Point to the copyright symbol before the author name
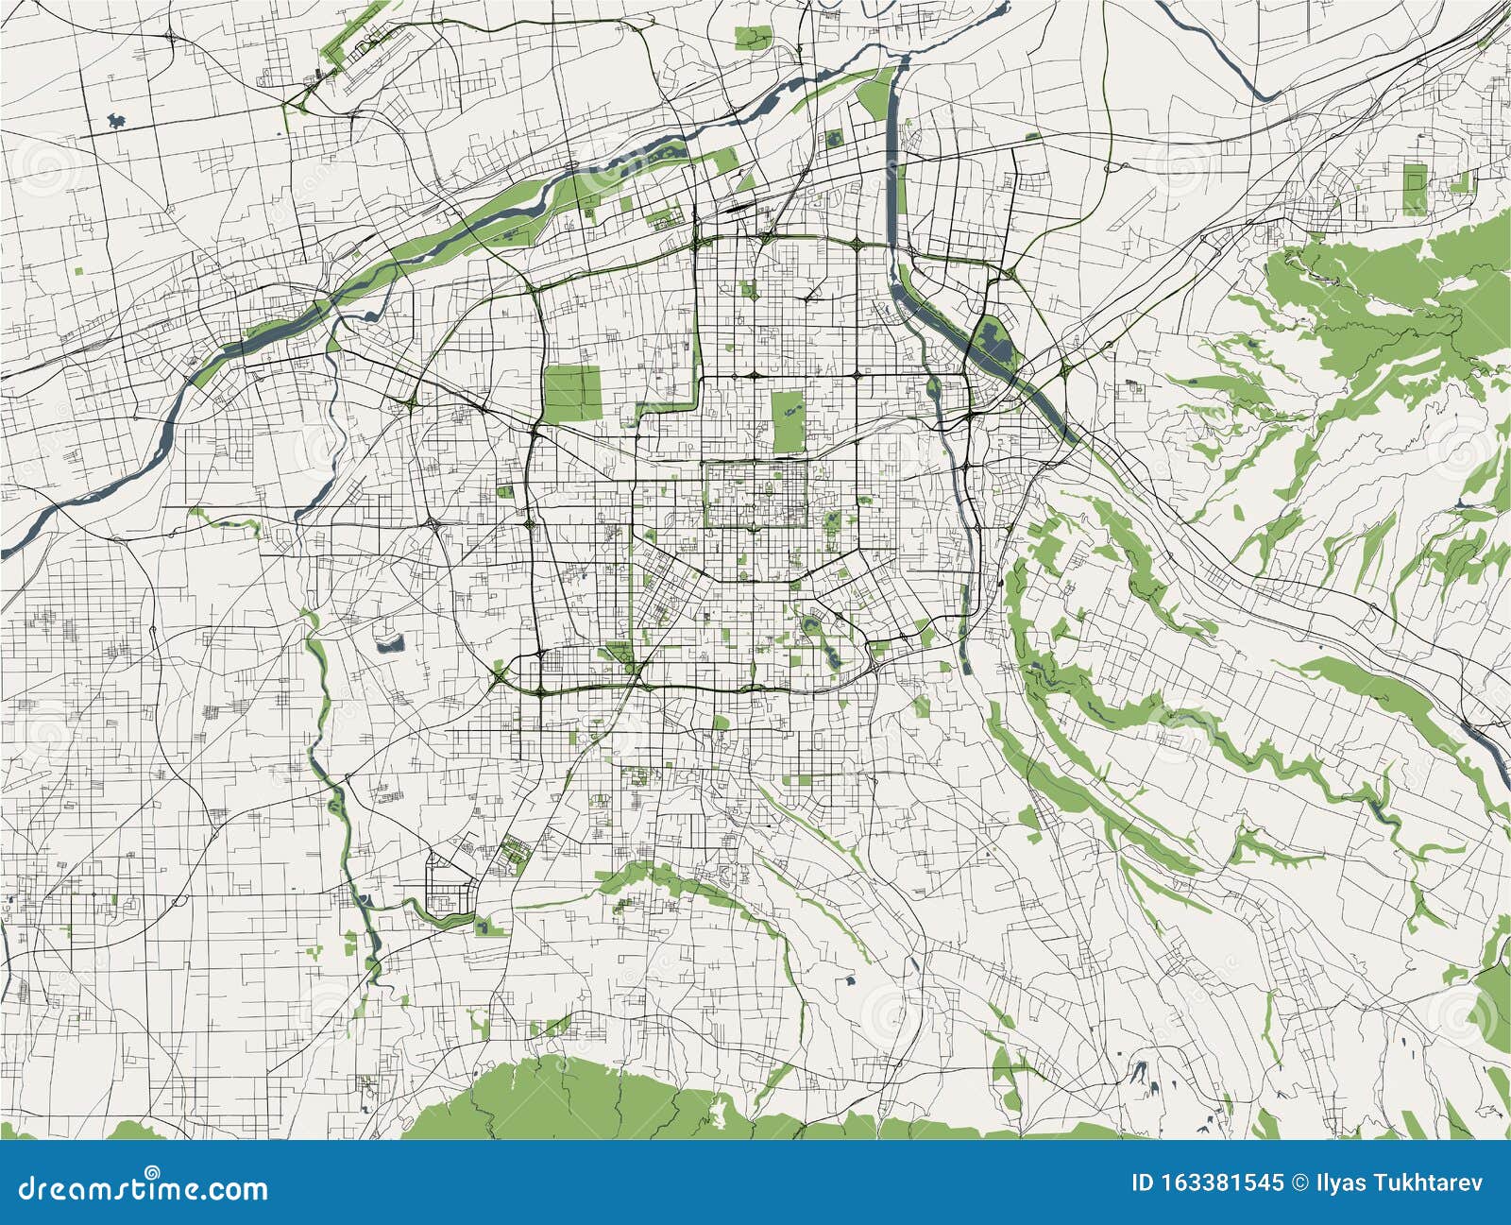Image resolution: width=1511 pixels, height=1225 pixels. click(1301, 1182)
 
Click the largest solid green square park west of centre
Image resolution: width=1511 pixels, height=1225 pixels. click(572, 393)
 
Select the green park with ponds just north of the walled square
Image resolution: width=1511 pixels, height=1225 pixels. click(787, 419)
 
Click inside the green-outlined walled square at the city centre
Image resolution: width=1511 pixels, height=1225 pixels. click(755, 494)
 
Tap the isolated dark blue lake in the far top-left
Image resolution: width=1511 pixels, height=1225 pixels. click(116, 120)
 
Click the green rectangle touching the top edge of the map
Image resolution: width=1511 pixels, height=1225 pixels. click(751, 38)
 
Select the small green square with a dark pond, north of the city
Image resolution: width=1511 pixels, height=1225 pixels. click(835, 140)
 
